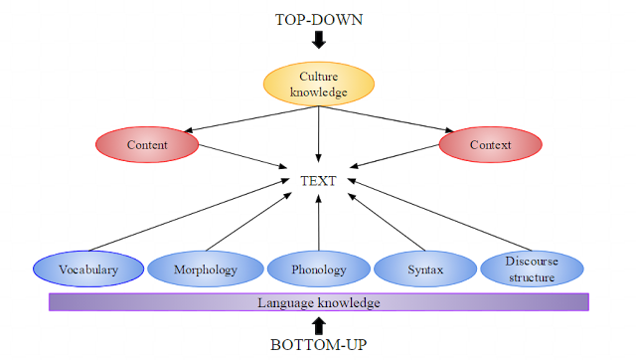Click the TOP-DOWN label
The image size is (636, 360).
318,19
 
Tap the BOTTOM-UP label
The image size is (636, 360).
318,345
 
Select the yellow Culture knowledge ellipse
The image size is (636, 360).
318,85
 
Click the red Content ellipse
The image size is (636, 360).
147,145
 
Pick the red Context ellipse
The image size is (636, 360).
491,145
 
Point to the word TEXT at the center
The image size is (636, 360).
318,181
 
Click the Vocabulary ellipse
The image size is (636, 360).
88,270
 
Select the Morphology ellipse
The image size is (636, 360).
204,270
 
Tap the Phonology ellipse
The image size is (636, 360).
319,270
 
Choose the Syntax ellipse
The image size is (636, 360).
425,270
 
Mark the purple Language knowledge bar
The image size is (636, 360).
319,301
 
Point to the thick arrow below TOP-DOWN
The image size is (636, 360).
318,41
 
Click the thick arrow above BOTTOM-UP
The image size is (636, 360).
318,324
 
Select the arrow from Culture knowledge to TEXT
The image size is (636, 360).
318,134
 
